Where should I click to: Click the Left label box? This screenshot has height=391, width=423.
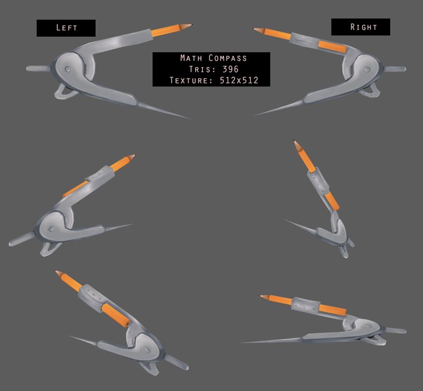(x=66, y=27)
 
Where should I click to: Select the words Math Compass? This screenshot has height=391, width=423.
(x=211, y=58)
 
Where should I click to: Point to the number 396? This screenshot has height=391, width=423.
(x=230, y=69)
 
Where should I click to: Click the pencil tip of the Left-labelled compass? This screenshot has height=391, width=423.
(x=190, y=25)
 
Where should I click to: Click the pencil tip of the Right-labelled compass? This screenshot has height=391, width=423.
(x=255, y=29)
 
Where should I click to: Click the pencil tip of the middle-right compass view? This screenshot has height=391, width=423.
(x=296, y=143)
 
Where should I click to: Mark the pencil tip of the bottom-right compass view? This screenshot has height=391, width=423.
(x=262, y=297)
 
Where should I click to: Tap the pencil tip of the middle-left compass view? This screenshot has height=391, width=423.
(x=132, y=156)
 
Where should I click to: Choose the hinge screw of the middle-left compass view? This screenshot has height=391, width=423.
(x=49, y=229)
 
